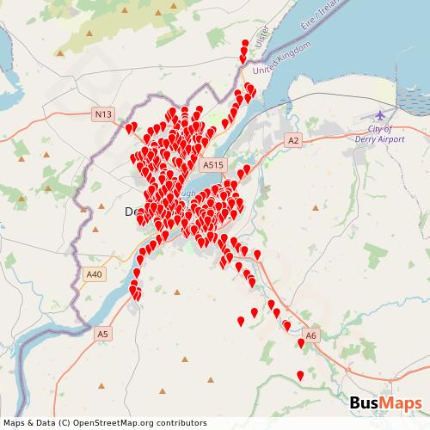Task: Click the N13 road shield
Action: [x=103, y=113]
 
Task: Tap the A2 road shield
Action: [x=294, y=139]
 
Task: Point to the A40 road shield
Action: [x=95, y=274]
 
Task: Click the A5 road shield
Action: [x=103, y=333]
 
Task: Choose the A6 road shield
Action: [x=311, y=335]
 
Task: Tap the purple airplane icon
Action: [x=380, y=114]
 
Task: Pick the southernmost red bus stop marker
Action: [x=300, y=375]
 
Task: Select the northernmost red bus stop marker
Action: [x=245, y=44]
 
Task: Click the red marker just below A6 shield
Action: [x=301, y=343]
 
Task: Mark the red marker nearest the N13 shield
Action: [x=130, y=129]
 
